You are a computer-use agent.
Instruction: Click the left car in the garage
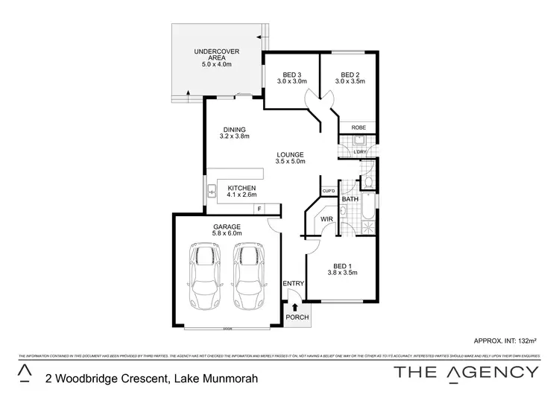(x=205, y=276)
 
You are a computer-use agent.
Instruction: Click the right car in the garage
(x=248, y=276)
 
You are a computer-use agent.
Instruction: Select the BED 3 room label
(x=291, y=75)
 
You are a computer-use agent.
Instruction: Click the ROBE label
(x=359, y=127)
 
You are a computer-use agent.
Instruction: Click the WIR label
(x=326, y=219)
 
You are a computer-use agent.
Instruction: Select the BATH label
(x=350, y=200)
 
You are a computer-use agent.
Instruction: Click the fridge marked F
(x=259, y=209)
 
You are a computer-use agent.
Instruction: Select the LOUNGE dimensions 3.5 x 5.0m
(x=290, y=162)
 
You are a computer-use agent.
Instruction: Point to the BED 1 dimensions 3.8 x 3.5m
(x=343, y=274)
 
